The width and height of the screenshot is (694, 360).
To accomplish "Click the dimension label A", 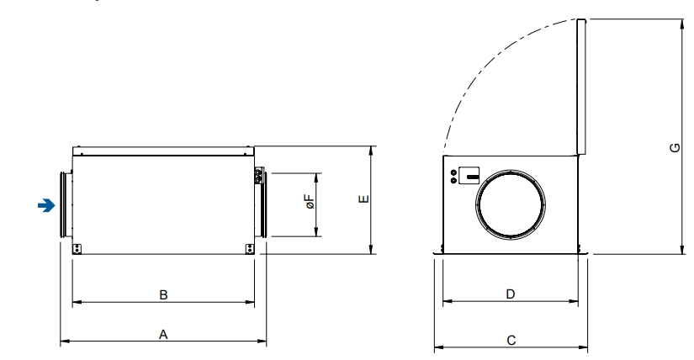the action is [163, 334].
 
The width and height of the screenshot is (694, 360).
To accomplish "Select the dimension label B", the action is [163, 295].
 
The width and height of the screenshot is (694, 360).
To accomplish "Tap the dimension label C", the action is [511, 340].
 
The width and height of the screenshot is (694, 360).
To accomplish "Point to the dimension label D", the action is [511, 294].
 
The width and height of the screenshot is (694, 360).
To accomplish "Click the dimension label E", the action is [363, 199].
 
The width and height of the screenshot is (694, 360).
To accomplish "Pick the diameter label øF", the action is [310, 202].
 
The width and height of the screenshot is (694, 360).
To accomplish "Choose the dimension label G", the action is [675, 147].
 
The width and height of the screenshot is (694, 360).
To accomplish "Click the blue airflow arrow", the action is [46, 205].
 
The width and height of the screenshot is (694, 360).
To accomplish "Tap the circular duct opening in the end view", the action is [511, 205].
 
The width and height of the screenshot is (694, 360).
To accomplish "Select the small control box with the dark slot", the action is [469, 175].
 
